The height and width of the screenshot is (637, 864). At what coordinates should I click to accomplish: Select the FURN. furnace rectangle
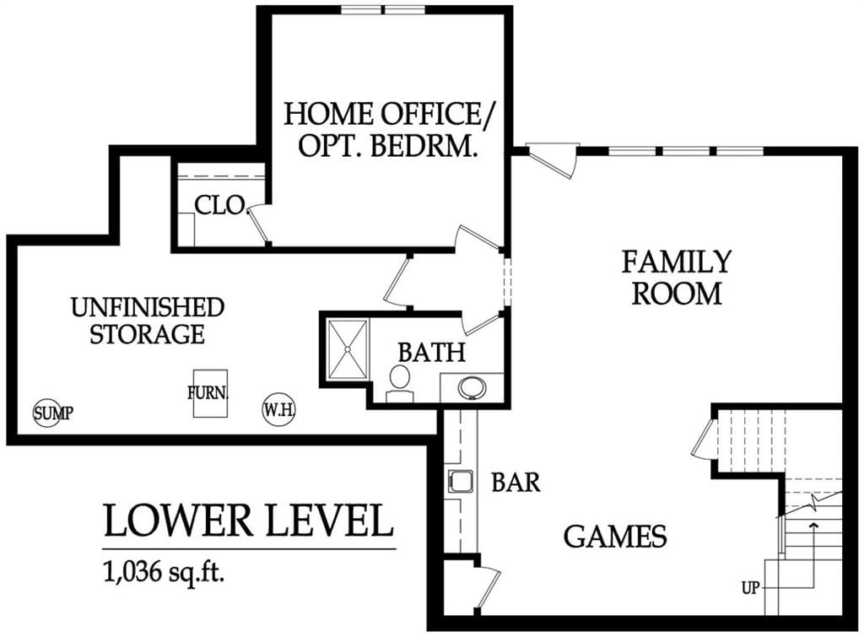[210, 393]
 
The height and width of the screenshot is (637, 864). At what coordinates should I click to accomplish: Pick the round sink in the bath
[472, 386]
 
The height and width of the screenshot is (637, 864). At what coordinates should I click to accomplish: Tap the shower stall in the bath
[348, 348]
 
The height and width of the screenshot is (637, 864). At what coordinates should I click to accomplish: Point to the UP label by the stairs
[750, 589]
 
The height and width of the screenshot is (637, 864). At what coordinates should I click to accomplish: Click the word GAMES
[615, 536]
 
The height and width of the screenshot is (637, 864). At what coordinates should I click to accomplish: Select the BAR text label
[516, 482]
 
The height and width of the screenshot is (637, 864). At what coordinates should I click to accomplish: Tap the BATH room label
[432, 352]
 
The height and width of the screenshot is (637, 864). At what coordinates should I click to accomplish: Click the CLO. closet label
[220, 206]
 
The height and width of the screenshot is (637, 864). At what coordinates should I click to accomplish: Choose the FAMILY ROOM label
[677, 278]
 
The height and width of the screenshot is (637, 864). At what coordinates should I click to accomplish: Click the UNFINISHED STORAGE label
[148, 321]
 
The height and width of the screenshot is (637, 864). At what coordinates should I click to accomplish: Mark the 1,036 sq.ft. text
[165, 573]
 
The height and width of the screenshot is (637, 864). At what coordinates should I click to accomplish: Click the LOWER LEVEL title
[249, 521]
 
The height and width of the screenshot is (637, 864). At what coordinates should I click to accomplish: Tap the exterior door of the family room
[552, 159]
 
